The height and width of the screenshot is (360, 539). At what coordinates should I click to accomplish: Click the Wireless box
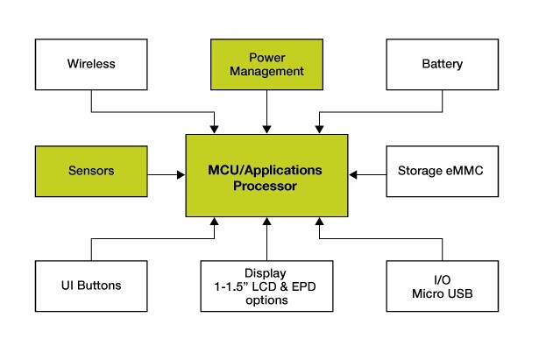[x=91, y=65]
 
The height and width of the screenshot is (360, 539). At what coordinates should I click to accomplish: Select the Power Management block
[x=266, y=65]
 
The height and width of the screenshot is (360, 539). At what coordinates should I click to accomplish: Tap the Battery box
[x=443, y=65]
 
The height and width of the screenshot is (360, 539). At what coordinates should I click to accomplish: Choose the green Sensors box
[x=91, y=172]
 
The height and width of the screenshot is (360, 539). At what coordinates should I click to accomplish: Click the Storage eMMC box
[x=443, y=172]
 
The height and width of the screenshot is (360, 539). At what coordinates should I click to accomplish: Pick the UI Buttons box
[x=91, y=286]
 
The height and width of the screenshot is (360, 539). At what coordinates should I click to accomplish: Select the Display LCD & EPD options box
[x=266, y=286]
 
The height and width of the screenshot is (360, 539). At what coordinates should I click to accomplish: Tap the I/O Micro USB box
[x=443, y=286]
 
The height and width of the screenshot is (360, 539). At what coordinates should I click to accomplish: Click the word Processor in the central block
[x=265, y=187]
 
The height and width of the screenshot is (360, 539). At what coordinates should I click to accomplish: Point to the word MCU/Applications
[x=265, y=170]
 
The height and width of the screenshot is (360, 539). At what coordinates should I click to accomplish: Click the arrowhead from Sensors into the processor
[x=181, y=175]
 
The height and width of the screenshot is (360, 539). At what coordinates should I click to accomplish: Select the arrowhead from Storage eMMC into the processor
[x=353, y=175]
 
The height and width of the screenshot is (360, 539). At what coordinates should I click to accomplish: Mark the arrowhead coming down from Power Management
[x=266, y=130]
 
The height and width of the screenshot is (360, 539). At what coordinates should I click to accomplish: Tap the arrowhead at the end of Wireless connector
[x=214, y=130]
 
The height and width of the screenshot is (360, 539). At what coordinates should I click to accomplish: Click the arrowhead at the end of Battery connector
[x=319, y=130]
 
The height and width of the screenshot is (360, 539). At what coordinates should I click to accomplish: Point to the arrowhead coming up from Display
[x=266, y=222]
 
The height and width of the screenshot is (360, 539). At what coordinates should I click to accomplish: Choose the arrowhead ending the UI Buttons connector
[x=214, y=222]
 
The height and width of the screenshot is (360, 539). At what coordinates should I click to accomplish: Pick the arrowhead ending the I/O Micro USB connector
[x=319, y=222]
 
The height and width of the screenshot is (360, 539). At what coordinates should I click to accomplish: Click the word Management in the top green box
[x=266, y=72]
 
